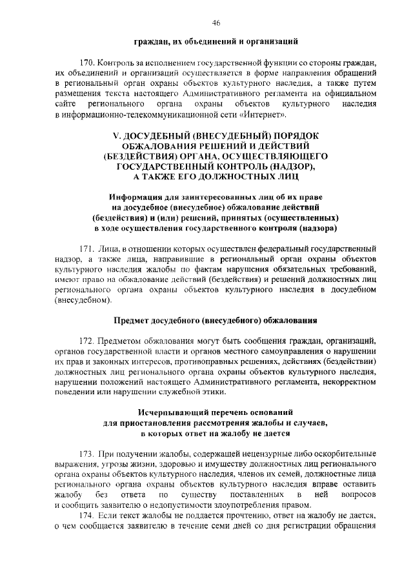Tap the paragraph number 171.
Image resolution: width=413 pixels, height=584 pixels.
pos(88,248)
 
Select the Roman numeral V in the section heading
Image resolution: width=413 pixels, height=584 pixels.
pos(116,136)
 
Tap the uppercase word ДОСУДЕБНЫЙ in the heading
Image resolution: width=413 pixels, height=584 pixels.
pos(159,136)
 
